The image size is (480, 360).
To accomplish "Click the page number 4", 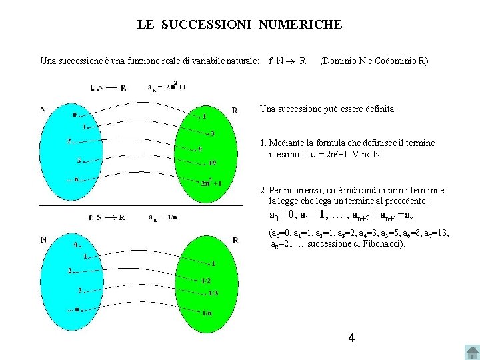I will coord(351,338).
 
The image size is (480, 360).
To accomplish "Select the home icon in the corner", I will coord(471,352).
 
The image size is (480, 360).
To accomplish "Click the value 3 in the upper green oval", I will coord(212,133).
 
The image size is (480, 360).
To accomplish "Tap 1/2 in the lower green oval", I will coord(206,281).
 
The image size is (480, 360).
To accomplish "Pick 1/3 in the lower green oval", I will coord(213,293).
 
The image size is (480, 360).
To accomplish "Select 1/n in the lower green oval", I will coord(207,313).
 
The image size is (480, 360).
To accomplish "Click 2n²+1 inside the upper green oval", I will coord(211,183).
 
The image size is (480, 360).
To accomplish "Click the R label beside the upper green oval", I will coord(235,110).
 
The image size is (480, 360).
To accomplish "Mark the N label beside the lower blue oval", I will coord(43,240).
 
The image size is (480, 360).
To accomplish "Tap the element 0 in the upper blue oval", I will coord(75,114).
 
